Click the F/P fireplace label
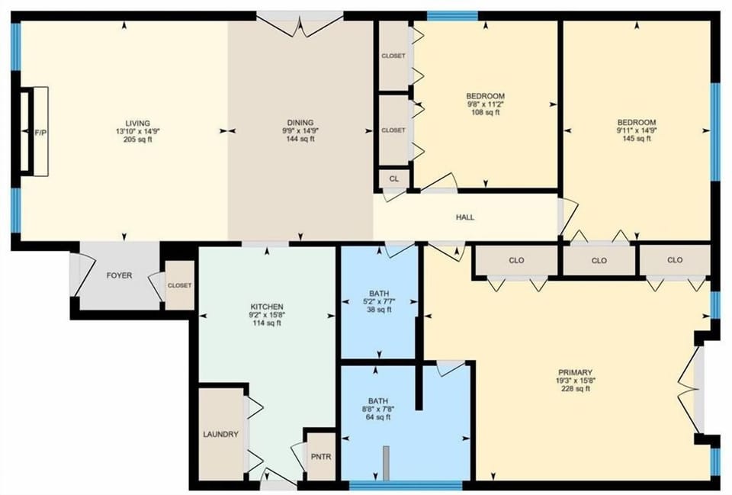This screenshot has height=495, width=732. coord(40,132)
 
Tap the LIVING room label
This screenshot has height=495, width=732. coord(138,123)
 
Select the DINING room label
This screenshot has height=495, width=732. coord(300,123)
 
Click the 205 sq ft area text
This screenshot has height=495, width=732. coord(138,140)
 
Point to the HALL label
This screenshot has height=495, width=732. coord(465,217)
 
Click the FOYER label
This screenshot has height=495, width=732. coord(119,275)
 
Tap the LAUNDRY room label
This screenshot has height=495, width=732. coord(221,435)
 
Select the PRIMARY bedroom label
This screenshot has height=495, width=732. coord(575,372)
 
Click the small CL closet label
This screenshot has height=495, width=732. coord(394,178)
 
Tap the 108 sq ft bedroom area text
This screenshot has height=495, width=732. coord(485,113)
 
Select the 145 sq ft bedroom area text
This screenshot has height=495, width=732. coord(637,140)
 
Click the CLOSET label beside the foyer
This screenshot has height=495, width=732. coord(180,285)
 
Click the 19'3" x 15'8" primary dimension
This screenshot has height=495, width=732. coord(575,381)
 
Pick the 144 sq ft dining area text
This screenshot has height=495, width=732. coord(300,140)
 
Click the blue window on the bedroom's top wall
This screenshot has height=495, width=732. coord(452,15)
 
